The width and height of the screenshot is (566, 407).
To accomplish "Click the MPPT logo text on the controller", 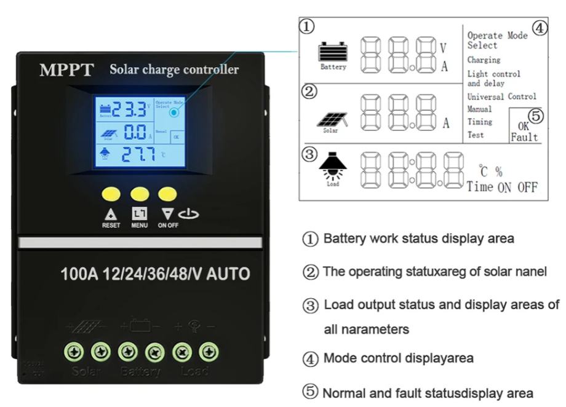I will pos(67,70).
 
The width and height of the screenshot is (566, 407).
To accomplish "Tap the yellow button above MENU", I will pos(138,194).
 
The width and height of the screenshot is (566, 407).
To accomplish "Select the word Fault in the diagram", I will pos(524,138).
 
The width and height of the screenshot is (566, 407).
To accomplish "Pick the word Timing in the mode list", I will pos(480,122).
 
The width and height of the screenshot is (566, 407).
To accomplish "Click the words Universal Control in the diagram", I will pos(501,97).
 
